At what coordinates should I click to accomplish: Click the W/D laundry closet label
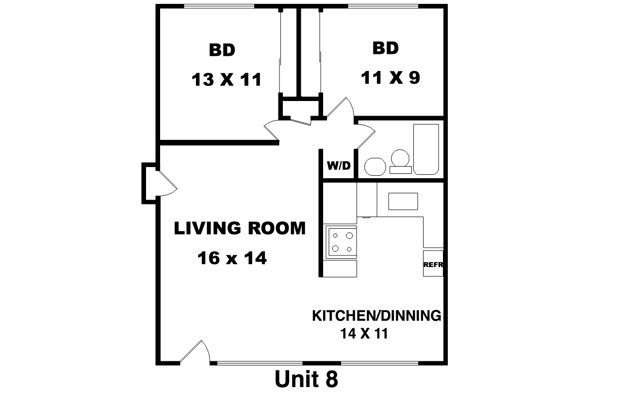click(x=339, y=166)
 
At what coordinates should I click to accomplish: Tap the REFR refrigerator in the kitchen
click(x=433, y=264)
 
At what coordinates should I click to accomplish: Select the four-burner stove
click(x=341, y=242)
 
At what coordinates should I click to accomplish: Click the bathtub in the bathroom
click(x=426, y=149)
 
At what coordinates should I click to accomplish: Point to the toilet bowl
click(x=400, y=161)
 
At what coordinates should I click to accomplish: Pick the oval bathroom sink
click(x=375, y=167)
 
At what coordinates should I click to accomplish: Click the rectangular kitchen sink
click(x=403, y=202)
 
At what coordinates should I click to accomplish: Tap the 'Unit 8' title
click(x=306, y=379)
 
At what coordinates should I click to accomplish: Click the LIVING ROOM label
click(x=240, y=228)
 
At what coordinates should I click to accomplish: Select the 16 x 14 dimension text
click(x=232, y=258)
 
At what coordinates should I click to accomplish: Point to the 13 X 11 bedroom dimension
click(x=226, y=80)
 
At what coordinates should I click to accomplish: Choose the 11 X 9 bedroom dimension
click(x=391, y=77)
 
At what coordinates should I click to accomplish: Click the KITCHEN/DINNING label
click(x=376, y=316)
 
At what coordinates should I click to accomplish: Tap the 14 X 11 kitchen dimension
click(x=364, y=334)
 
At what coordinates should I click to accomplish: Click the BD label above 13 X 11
click(x=222, y=50)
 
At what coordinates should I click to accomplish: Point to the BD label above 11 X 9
click(x=385, y=48)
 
